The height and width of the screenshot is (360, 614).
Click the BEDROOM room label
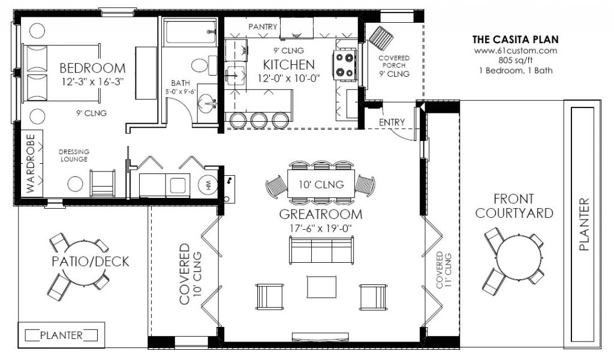coord(92,68)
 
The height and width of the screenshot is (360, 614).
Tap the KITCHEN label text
coord(288,65)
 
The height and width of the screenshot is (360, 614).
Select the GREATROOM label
coord(321,214)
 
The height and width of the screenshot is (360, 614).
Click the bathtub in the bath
coord(190,32)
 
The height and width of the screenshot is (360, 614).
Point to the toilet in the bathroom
coord(204,65)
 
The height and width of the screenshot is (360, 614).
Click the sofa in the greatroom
coord(321,250)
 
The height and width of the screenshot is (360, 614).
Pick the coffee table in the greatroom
coord(321,287)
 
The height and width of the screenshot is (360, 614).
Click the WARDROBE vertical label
coord(31,163)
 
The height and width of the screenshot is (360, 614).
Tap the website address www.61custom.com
coord(515,50)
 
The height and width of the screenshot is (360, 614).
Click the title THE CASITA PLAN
coord(515,39)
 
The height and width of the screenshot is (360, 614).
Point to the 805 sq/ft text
coord(515,61)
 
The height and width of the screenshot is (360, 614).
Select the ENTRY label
coord(392,122)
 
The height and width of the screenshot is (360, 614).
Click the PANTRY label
coord(263,26)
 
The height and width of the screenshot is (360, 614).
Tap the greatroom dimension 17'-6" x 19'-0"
coord(321,228)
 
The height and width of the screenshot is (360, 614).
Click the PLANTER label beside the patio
coord(62,335)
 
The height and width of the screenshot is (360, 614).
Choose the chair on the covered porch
coord(381,38)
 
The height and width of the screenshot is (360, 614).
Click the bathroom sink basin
coord(207,103)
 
